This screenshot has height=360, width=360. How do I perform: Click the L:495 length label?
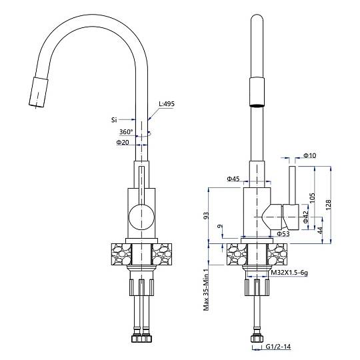[x=167, y=104]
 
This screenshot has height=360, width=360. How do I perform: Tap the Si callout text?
[x=114, y=120]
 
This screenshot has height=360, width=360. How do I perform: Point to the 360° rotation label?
[x=126, y=132]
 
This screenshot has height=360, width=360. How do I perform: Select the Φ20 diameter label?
[x=123, y=143]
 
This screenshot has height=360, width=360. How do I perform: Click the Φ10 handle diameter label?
[x=310, y=155]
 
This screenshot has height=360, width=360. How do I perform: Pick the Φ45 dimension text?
[x=233, y=179]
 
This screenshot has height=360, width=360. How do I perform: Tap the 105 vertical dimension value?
[x=312, y=198]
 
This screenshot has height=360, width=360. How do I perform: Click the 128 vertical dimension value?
[x=328, y=205]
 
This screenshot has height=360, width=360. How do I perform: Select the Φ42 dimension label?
[x=305, y=217]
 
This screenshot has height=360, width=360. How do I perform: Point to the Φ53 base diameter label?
[x=283, y=234]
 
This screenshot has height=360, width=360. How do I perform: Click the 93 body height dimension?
[x=207, y=215]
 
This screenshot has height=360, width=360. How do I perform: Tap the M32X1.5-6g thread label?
[x=289, y=273]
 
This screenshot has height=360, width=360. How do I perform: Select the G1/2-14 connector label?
[x=278, y=346]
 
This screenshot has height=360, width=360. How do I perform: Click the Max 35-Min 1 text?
[x=206, y=289]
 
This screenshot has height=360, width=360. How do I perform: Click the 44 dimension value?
[x=320, y=230]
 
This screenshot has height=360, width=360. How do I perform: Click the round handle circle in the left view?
[x=141, y=217]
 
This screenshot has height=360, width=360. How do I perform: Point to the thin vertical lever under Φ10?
[x=292, y=185]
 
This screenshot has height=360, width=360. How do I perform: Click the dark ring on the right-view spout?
[x=257, y=105]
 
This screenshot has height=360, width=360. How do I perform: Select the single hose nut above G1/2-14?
[x=257, y=339]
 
